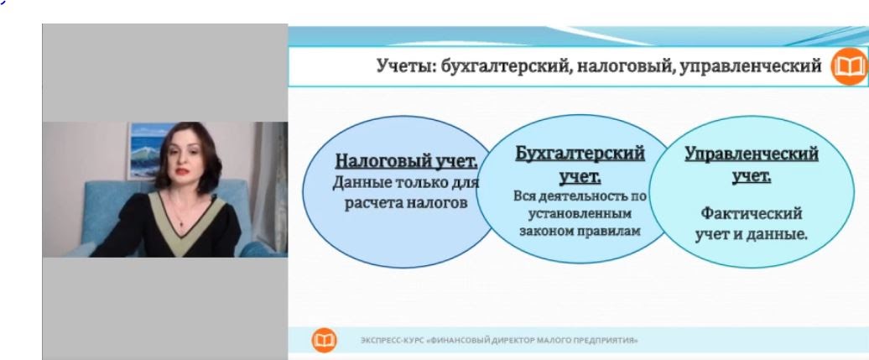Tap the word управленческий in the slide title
pyautogui.click(x=751, y=66)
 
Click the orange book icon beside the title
pyautogui.click(x=850, y=66)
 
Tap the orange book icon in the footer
pyautogui.click(x=325, y=340)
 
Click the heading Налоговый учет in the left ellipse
pyautogui.click(x=406, y=161)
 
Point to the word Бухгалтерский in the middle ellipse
pyautogui.click(x=580, y=154)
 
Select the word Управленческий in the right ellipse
pyautogui.click(x=752, y=154)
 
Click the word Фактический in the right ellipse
pyautogui.click(x=751, y=213)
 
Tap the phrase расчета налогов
pyautogui.click(x=406, y=203)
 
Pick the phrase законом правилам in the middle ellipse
pyautogui.click(x=580, y=231)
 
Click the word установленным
pyautogui.click(x=580, y=213)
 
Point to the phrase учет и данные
pyautogui.click(x=751, y=234)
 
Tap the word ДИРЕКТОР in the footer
pyautogui.click(x=513, y=340)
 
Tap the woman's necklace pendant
pyautogui.click(x=181, y=223)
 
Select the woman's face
pyautogui.click(x=184, y=161)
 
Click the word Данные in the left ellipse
pyautogui.click(x=357, y=183)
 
